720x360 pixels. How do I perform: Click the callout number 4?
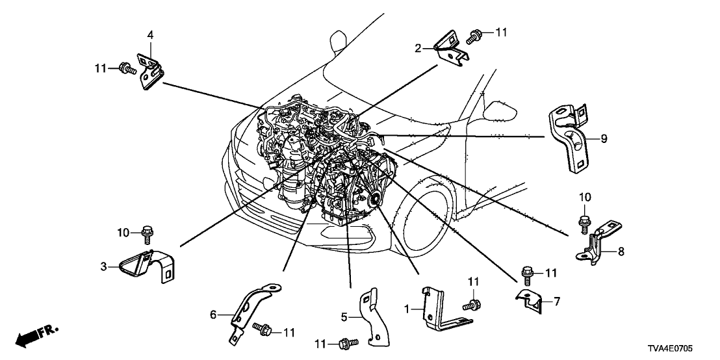point(150,35)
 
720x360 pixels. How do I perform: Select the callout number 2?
point(419,47)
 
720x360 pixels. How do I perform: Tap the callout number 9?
point(604,138)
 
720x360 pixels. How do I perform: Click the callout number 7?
point(556,301)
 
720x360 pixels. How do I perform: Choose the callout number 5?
point(345,316)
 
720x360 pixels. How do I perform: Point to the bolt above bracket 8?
point(585,222)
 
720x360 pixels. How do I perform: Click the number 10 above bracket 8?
point(585,197)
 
